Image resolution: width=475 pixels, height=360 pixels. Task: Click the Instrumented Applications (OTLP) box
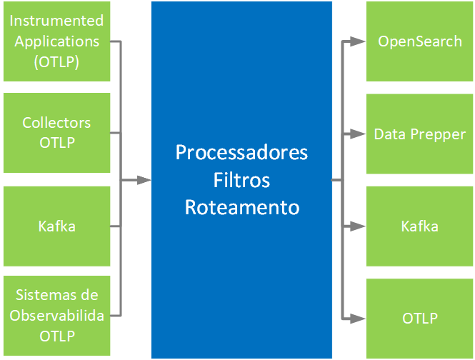56,41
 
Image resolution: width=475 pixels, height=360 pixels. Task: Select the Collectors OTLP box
56,133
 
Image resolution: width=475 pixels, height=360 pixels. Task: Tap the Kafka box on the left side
56,226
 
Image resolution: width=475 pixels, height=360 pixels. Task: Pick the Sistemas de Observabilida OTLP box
56,316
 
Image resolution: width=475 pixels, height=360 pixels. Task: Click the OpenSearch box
419,41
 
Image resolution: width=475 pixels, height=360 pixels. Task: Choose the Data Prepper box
419,134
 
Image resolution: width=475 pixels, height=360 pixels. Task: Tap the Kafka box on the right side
419,226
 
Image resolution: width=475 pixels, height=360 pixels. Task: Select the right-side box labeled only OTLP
419,319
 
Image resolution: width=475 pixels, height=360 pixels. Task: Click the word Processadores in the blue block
241,152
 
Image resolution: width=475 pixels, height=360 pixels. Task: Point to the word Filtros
241,180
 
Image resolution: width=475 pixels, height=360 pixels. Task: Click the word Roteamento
242,208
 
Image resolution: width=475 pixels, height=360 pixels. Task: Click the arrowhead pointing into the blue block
144,180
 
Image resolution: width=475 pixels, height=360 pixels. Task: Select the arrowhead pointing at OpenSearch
358,41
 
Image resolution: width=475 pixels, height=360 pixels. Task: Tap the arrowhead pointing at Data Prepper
358,134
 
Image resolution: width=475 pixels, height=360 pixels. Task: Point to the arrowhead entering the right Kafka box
358,226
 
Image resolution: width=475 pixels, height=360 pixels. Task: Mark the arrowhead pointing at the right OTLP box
358,319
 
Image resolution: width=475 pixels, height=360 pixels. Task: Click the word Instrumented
56,21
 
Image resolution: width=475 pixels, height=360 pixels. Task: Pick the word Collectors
56,123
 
